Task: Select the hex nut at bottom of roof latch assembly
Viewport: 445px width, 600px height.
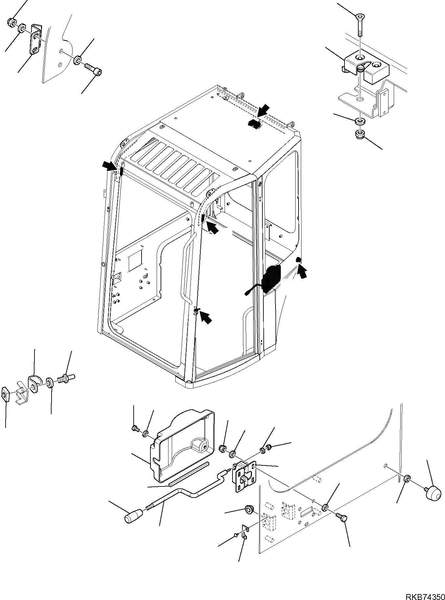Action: pos(361,134)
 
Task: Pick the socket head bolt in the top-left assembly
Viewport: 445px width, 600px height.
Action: pos(94,69)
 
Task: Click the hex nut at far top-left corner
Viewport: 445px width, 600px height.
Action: pos(11,22)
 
